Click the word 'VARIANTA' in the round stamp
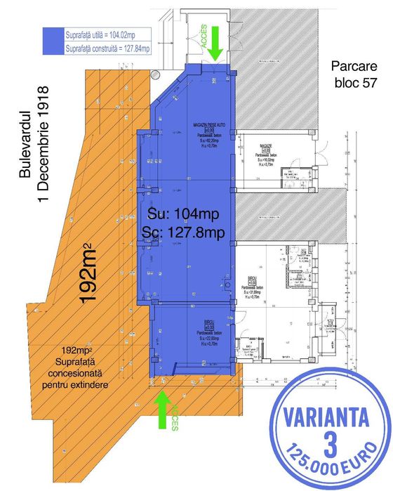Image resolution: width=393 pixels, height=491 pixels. point(326,414)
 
